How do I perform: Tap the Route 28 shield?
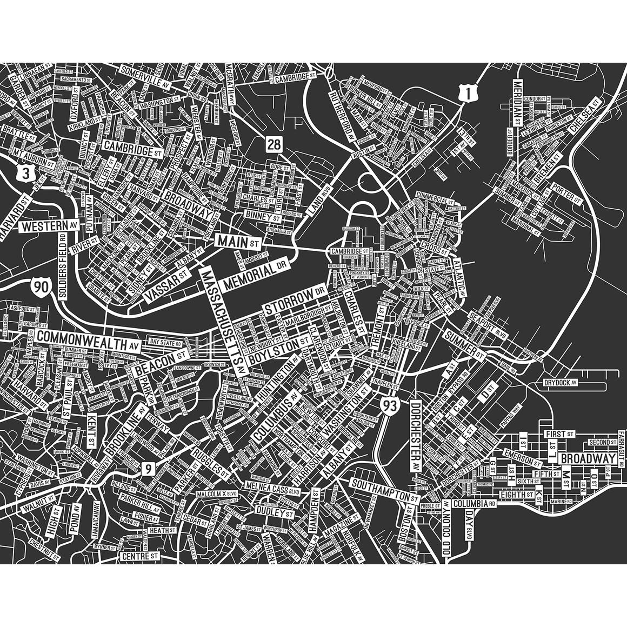(274, 145)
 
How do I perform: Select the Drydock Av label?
(562, 383)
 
